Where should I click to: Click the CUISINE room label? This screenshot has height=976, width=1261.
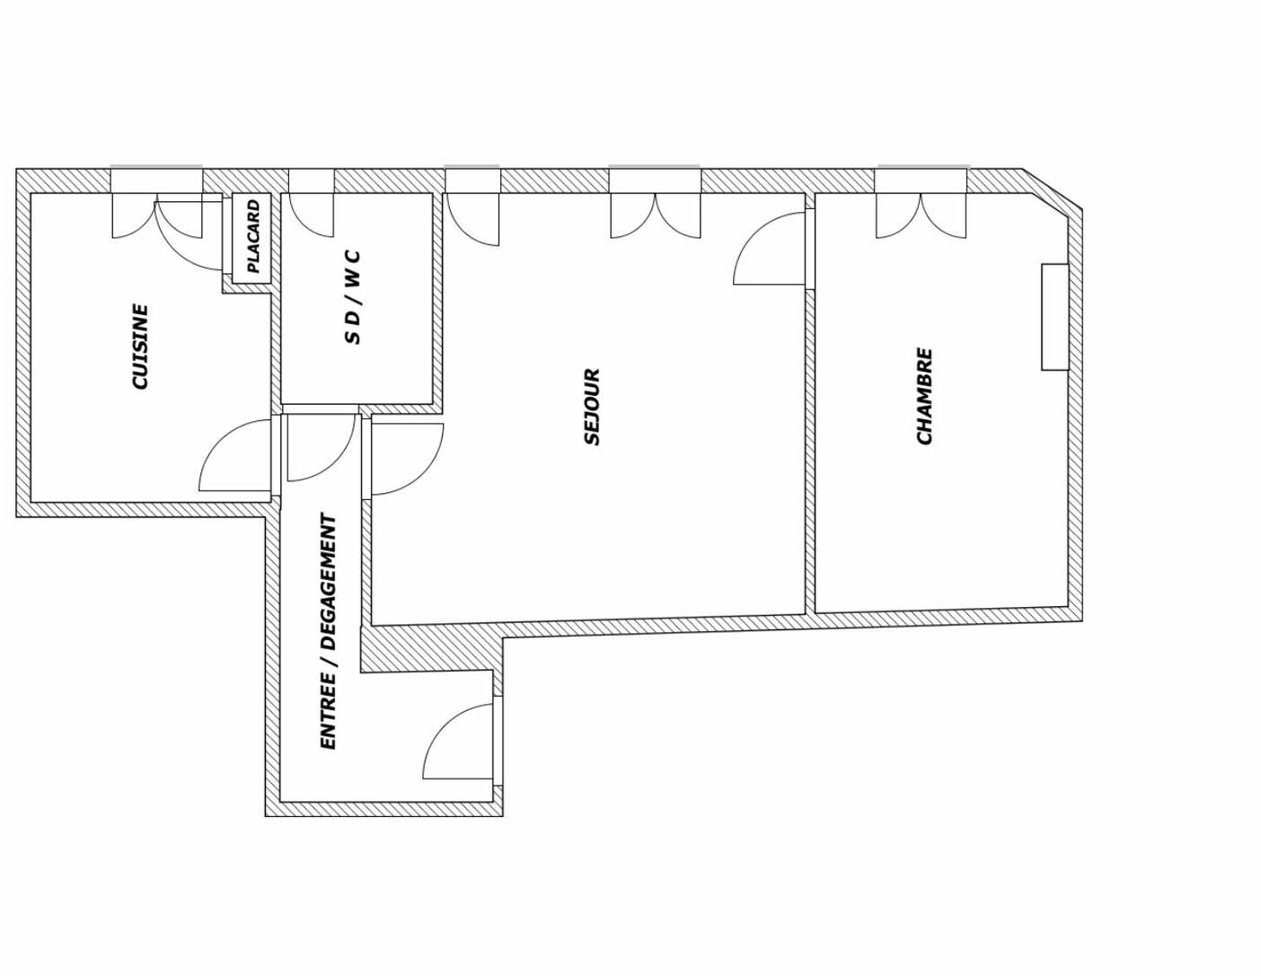point(141,347)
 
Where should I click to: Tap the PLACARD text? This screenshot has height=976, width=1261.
point(253,236)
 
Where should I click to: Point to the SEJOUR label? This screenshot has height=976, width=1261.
point(591,407)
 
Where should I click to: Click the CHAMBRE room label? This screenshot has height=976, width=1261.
point(924,396)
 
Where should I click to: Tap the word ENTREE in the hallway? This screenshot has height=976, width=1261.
point(329,713)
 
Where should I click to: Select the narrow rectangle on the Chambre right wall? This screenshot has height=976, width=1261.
point(1054,317)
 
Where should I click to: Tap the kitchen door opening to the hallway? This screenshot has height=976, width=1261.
point(235,454)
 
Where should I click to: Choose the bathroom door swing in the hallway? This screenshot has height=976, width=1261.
point(321,447)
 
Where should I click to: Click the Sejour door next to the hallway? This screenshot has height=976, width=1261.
point(407,459)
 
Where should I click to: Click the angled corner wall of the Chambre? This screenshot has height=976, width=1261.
point(1052,191)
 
